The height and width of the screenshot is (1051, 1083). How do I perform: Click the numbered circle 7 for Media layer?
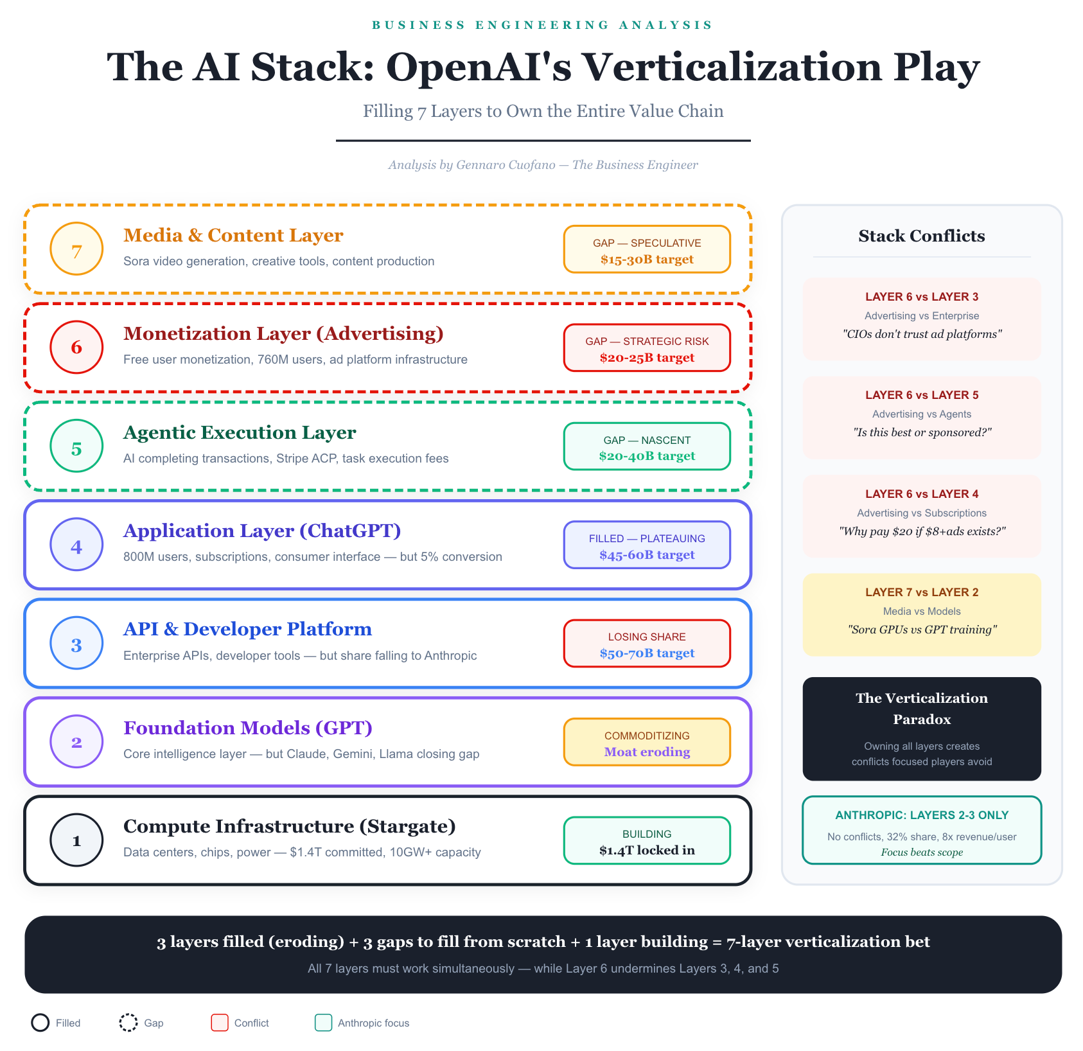tap(76, 249)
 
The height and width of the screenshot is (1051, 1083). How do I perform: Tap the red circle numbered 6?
tap(76, 347)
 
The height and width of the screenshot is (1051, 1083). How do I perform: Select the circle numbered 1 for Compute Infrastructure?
tap(76, 840)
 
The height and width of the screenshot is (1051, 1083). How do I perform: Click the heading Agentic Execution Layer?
tap(239, 432)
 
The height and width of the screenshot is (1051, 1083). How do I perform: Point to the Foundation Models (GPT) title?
tap(247, 728)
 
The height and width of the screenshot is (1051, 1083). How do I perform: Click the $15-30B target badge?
tap(647, 249)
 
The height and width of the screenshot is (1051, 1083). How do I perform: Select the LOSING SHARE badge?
tap(647, 644)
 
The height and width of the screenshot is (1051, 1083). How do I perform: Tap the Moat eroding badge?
tap(647, 742)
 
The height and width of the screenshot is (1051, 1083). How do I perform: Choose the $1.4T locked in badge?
tap(647, 841)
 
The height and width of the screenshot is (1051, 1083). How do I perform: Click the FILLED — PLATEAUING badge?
tap(647, 545)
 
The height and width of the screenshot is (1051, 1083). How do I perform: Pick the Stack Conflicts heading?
tap(921, 236)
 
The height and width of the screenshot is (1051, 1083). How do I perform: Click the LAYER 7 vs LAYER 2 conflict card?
tap(921, 614)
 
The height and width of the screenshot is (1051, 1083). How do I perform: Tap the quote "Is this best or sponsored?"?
tap(921, 432)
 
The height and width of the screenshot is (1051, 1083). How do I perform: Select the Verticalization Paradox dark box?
tap(921, 729)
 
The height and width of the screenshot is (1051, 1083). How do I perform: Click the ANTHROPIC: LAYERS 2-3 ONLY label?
tap(921, 815)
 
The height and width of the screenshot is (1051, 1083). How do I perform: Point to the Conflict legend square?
tap(220, 1023)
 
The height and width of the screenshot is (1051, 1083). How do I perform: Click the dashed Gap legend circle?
tap(128, 1023)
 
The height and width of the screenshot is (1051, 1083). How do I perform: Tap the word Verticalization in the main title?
tap(732, 67)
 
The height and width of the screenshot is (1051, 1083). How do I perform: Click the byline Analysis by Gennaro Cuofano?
tap(543, 165)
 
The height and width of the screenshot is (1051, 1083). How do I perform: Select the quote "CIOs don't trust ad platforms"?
tap(921, 334)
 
